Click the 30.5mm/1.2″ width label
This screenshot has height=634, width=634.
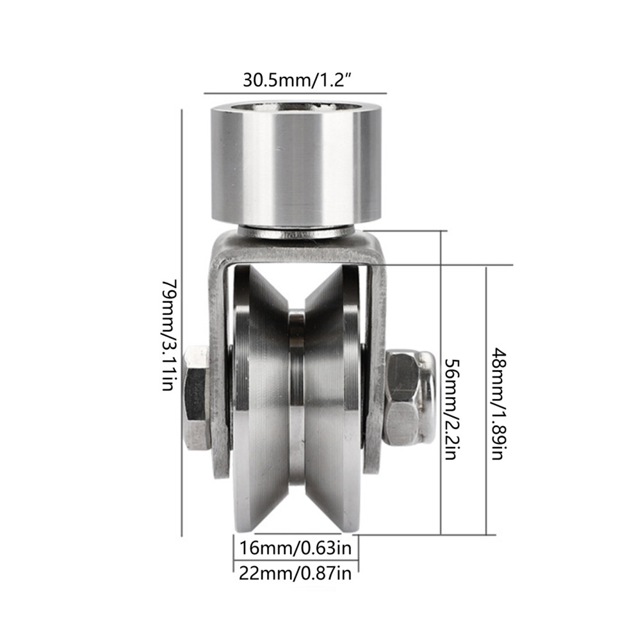point(296,80)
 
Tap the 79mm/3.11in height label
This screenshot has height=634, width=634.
point(168,334)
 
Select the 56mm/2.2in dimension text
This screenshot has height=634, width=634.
point(451,409)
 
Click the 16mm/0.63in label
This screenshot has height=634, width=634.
point(296,548)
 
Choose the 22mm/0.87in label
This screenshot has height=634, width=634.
point(296,573)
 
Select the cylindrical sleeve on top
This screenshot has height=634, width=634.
point(296,164)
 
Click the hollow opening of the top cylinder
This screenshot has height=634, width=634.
point(296,107)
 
